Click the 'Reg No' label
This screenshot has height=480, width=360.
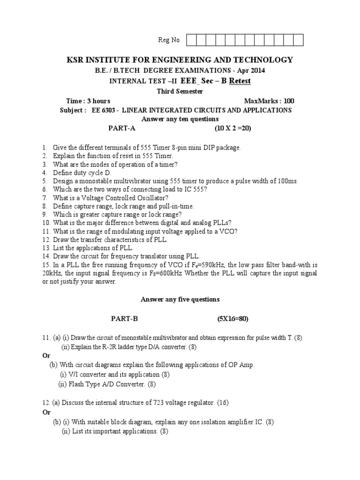click(x=169, y=40)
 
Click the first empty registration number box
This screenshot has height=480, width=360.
click(x=192, y=40)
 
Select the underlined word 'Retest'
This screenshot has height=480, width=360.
click(x=240, y=81)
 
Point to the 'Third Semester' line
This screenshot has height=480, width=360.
click(x=180, y=91)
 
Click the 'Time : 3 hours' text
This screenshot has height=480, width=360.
click(x=89, y=101)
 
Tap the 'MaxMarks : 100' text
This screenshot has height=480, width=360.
click(x=270, y=101)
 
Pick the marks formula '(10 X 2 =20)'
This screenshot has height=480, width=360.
click(x=233, y=127)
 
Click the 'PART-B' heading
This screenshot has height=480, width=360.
click(x=125, y=319)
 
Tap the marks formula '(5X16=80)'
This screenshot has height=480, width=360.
click(x=232, y=319)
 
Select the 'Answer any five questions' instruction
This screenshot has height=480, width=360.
click(x=180, y=299)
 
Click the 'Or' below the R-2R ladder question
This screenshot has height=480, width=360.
click(x=46, y=355)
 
